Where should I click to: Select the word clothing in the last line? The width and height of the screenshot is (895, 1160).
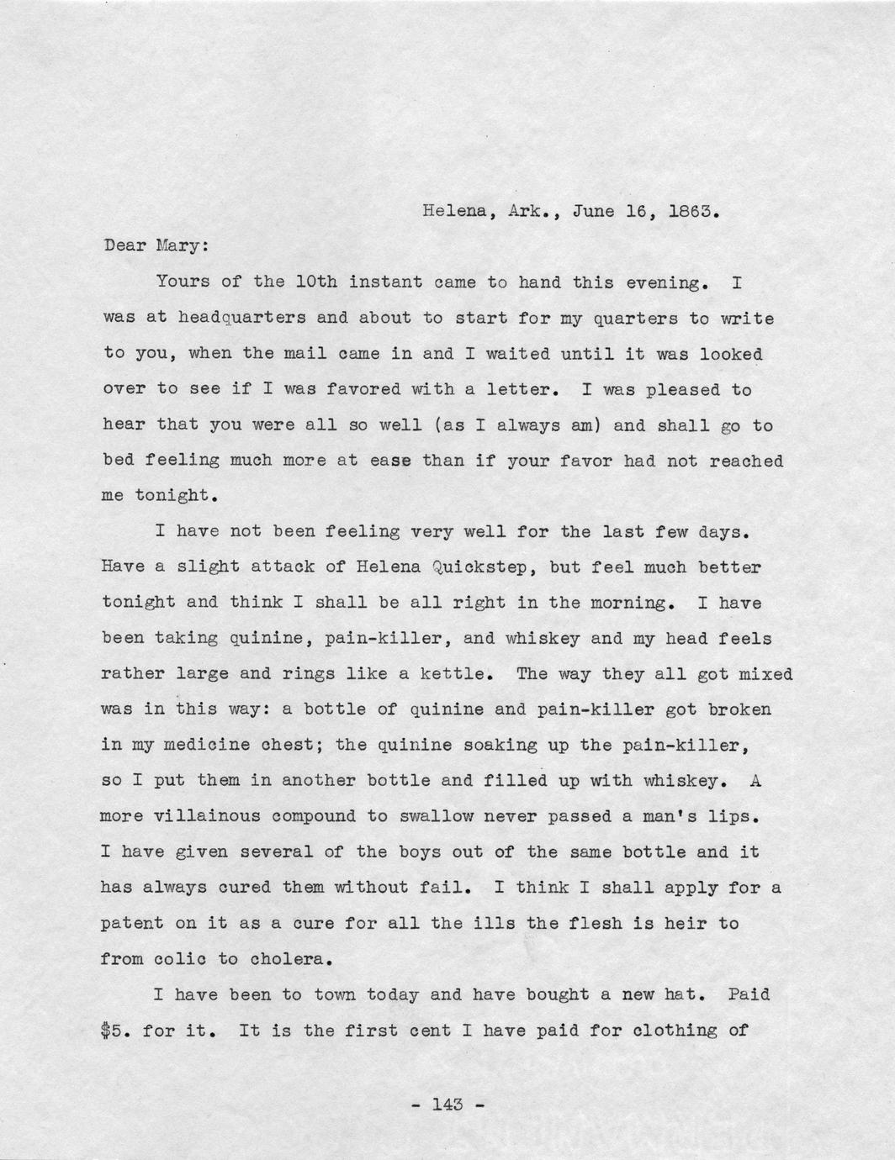pos(658,1030)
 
